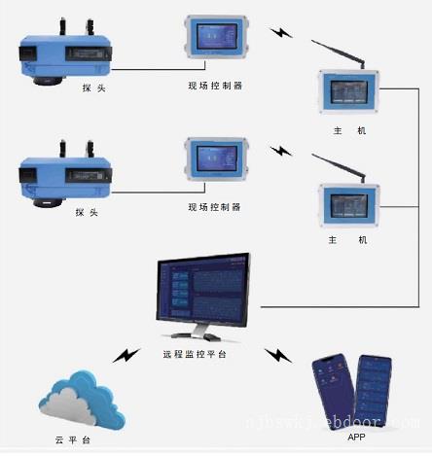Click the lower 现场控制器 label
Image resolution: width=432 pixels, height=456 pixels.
click(x=214, y=207)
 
